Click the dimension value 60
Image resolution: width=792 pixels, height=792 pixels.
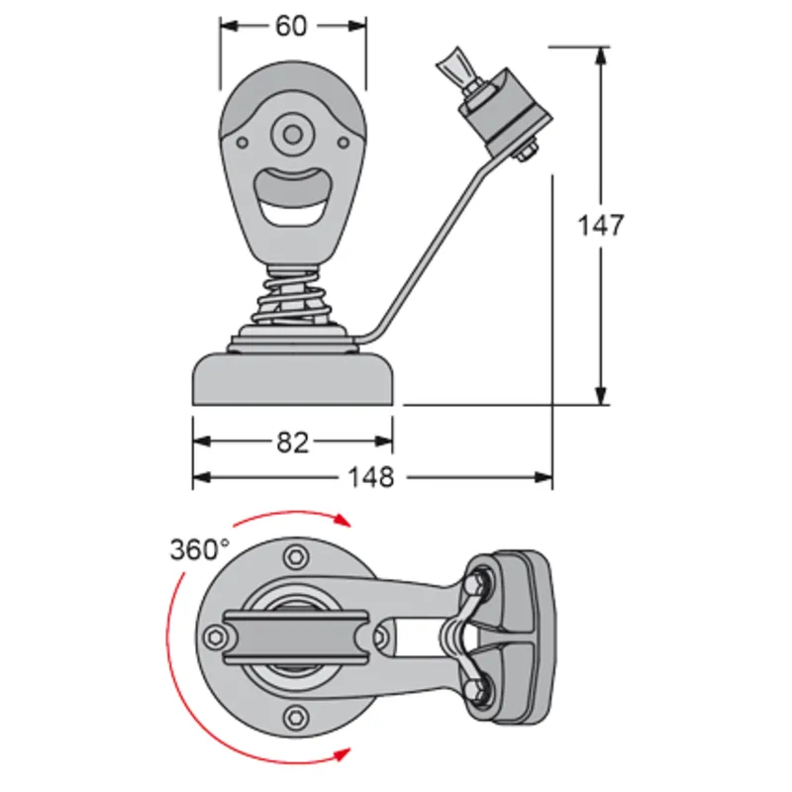pos(291,26)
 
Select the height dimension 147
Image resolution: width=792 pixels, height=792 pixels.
pos(601,226)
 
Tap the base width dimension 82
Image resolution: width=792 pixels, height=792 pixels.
pos(292,443)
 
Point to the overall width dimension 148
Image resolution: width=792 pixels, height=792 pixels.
pos(371,477)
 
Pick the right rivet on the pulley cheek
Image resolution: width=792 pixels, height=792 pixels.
pos(344,143)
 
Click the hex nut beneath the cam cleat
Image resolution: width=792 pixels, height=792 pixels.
pos(525,151)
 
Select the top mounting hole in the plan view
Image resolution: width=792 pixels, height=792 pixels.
pos(293,557)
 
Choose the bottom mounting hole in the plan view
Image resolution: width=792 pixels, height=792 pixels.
pos(293,718)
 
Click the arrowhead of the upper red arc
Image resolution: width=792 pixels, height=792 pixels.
pos(344,520)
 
